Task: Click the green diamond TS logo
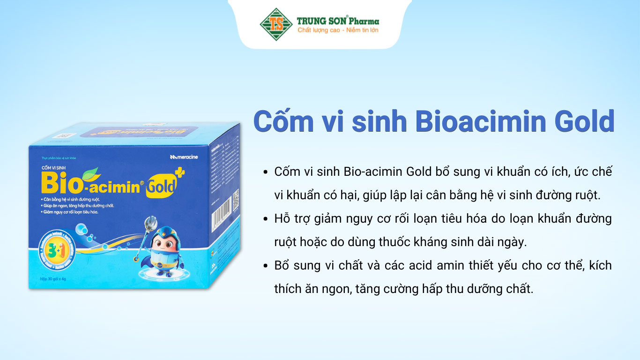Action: click(276, 24)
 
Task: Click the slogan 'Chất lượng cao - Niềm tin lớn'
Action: click(338, 30)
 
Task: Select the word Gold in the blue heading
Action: click(585, 121)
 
